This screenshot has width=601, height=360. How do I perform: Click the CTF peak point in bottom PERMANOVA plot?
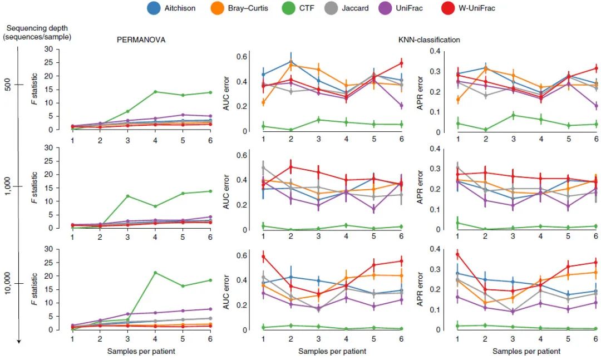(x=155, y=273)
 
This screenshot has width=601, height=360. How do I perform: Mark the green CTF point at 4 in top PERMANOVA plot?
(x=155, y=92)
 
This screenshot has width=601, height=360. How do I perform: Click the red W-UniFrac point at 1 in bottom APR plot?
(x=457, y=254)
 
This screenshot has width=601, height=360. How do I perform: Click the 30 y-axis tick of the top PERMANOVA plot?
(x=64, y=49)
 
